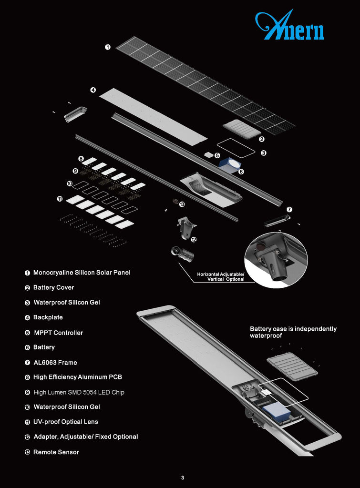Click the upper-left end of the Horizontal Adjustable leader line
click(178, 263)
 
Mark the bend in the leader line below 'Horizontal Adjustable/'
click(194, 282)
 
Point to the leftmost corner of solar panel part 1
click(116, 48)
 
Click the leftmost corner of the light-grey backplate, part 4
click(99, 96)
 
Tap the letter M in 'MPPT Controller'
click(37, 333)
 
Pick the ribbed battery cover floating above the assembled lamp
click(292, 366)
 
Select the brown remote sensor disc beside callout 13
click(175, 202)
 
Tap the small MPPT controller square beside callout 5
click(208, 154)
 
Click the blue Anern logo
click(289, 26)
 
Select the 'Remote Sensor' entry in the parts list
click(56, 452)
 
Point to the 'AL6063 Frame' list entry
click(55, 363)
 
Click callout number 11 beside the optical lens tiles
click(60, 199)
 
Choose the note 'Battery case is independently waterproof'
click(293, 332)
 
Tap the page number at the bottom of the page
click(183, 478)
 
